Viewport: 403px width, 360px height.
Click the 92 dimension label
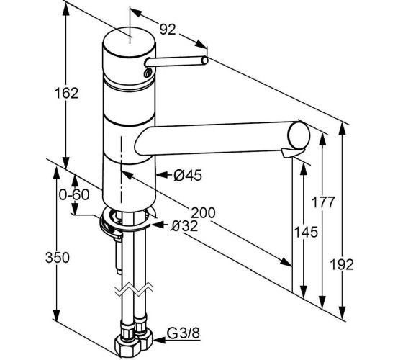pyautogui.click(x=168, y=30)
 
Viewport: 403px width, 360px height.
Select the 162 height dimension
pyautogui.click(x=66, y=93)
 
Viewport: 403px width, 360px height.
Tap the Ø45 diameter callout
pyautogui.click(x=188, y=176)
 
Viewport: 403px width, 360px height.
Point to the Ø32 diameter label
pyautogui.click(x=184, y=226)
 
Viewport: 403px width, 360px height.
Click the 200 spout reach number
pyautogui.click(x=203, y=212)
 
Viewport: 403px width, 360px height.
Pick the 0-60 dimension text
pyautogui.click(x=74, y=194)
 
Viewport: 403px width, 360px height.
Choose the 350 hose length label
pyautogui.click(x=58, y=258)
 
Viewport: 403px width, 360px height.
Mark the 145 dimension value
pyautogui.click(x=306, y=232)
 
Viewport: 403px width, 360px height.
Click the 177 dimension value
pyautogui.click(x=323, y=202)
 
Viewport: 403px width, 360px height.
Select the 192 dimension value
pyautogui.click(x=342, y=264)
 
